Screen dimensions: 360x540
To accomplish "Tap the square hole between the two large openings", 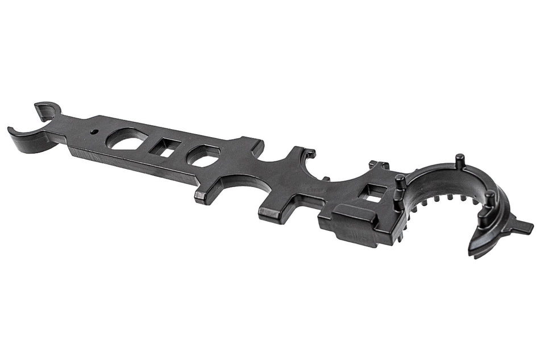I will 165,148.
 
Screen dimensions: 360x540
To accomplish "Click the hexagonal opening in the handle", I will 204,155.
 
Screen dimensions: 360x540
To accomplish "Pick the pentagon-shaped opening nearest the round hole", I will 128,139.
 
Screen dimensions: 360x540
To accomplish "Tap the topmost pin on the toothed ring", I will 459,160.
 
